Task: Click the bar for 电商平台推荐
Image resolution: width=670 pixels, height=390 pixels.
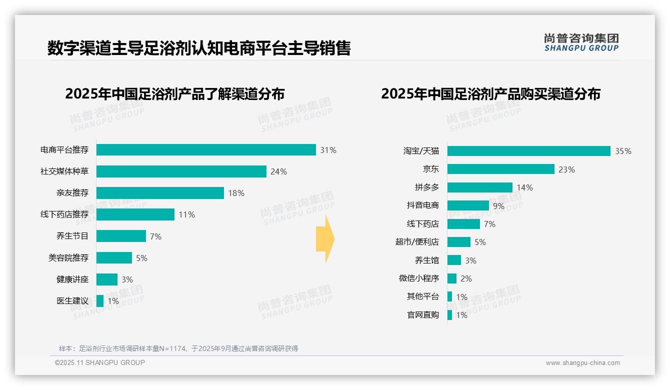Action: tap(206, 150)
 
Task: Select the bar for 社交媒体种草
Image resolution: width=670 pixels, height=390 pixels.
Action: tap(181, 171)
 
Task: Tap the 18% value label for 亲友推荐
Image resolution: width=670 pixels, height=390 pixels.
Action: tap(236, 193)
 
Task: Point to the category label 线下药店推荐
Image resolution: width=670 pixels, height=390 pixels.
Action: tap(64, 214)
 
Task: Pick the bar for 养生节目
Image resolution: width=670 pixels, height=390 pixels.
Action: tap(121, 236)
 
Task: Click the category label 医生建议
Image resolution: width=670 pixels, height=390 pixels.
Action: tap(72, 301)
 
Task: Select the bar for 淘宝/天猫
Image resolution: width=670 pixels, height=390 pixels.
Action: tap(528, 151)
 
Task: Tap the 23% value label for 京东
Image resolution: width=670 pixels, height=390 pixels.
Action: tap(566, 169)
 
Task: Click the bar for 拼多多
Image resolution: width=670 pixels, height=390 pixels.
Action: tap(480, 187)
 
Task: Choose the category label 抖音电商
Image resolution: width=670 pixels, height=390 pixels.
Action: tap(423, 205)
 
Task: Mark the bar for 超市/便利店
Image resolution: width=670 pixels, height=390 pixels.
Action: tap(459, 242)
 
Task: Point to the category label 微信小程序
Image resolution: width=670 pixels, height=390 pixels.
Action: tap(419, 278)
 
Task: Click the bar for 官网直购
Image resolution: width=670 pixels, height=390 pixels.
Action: tap(450, 315)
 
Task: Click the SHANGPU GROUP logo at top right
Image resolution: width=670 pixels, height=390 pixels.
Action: tap(581, 42)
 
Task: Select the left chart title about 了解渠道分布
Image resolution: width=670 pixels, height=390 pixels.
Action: tap(174, 94)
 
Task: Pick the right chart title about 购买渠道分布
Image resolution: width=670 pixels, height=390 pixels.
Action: tap(490, 94)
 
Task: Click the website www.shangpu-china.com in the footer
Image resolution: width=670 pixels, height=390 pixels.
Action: tap(582, 363)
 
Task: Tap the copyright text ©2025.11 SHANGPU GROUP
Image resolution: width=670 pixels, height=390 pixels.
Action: tap(100, 362)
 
